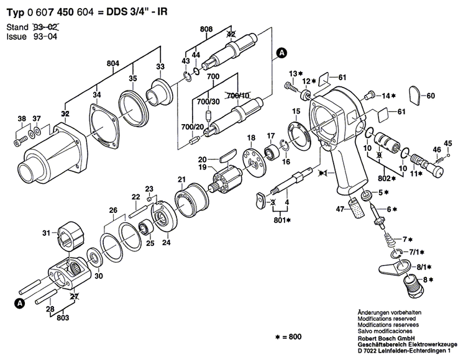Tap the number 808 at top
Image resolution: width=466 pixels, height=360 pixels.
click(206, 29)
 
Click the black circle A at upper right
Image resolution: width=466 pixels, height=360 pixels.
click(282, 53)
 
